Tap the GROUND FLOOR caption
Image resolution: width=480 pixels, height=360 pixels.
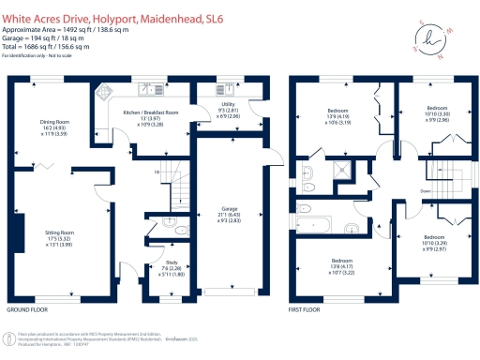(29, 309)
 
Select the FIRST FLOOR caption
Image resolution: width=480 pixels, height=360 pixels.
(306, 309)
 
